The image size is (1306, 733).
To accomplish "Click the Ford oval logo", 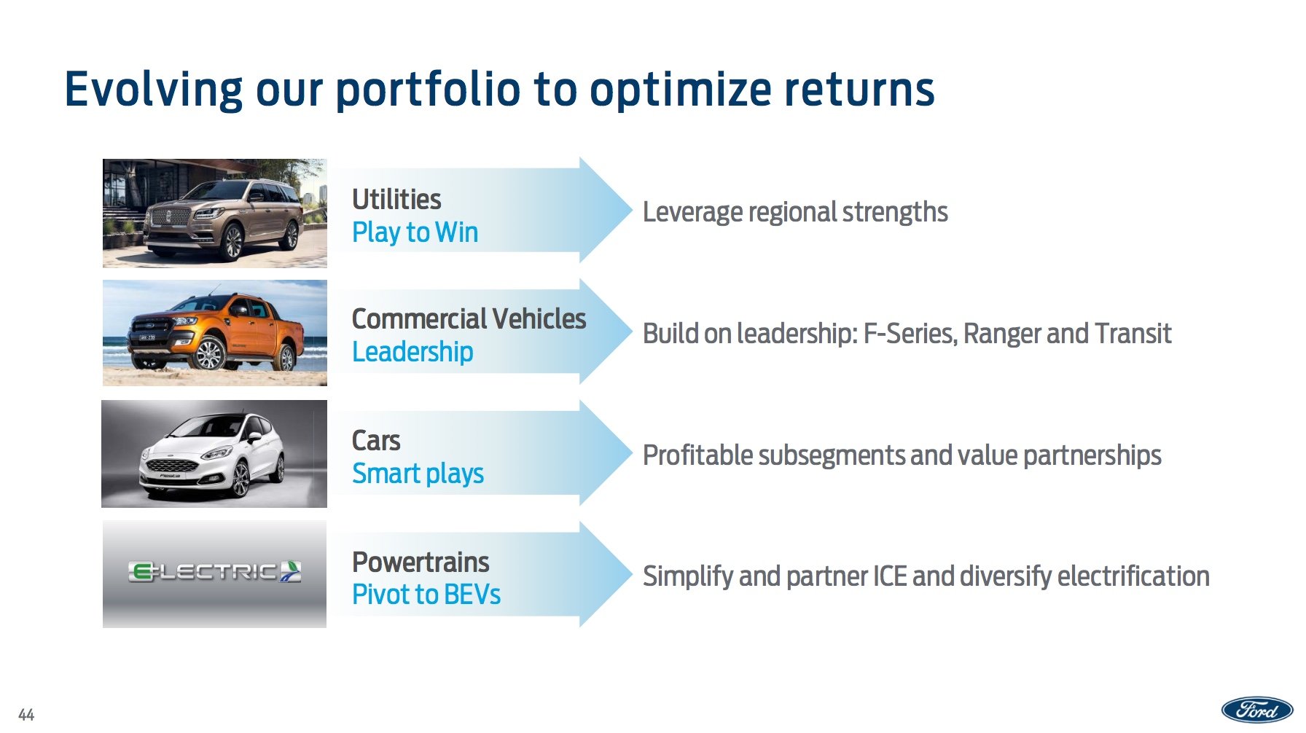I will (x=1256, y=709).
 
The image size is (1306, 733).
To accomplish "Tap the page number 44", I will (x=26, y=715).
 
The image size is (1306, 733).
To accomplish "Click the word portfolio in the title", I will (x=428, y=90).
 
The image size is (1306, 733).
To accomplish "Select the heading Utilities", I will (x=396, y=200).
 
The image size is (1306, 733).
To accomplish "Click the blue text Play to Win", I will (x=415, y=232).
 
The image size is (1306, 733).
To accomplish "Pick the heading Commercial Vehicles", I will (x=469, y=319).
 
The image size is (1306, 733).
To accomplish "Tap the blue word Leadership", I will (x=412, y=352).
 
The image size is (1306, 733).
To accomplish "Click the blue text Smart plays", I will (x=418, y=474).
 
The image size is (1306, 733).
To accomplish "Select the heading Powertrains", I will (x=421, y=563).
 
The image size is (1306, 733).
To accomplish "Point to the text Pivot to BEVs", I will (x=426, y=595).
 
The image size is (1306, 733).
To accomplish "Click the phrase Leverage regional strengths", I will (x=794, y=212).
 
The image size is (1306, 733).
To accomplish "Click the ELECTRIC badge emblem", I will (x=214, y=572).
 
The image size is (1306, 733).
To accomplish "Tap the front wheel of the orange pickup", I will (x=209, y=355).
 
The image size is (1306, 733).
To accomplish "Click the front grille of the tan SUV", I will (x=169, y=217).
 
